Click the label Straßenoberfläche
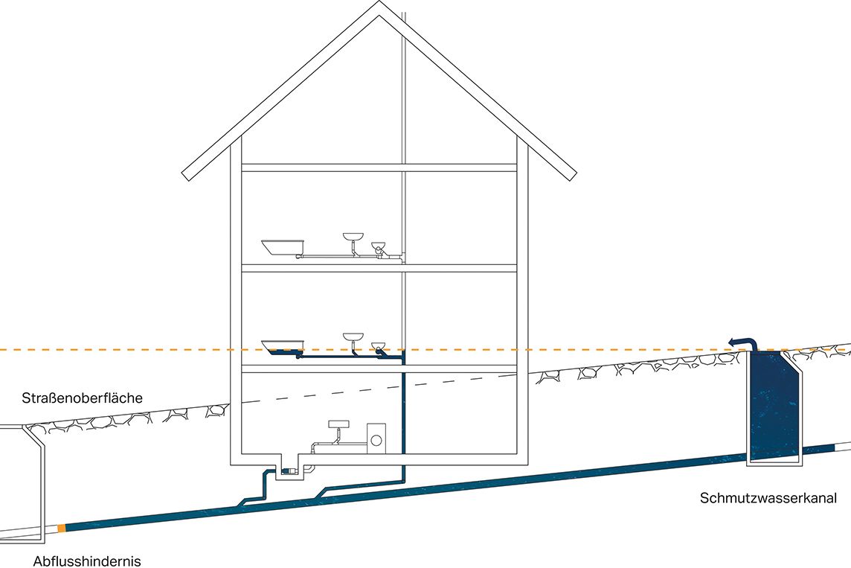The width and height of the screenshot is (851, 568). click(x=82, y=398)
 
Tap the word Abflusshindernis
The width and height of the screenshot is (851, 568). click(x=87, y=561)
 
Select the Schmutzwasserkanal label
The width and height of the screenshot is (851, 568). click(x=768, y=498)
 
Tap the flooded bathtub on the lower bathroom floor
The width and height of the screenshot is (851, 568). click(x=283, y=345)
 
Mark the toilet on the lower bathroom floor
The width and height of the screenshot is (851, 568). click(x=380, y=347)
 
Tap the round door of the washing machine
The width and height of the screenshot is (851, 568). click(x=376, y=440)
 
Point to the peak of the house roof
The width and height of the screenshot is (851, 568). click(x=379, y=6)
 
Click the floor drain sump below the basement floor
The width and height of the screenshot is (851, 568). click(x=289, y=469)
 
